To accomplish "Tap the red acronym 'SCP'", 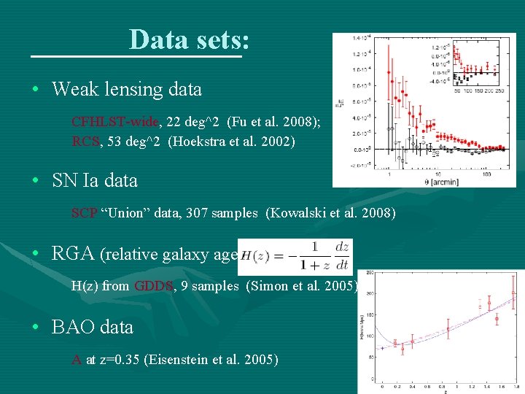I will coord(84,213).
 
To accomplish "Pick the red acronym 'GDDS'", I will coord(154,286).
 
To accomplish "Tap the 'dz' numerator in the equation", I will coord(341,247).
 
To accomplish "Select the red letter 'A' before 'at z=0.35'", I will coord(77,359).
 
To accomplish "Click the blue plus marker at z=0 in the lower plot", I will coord(382,349).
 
